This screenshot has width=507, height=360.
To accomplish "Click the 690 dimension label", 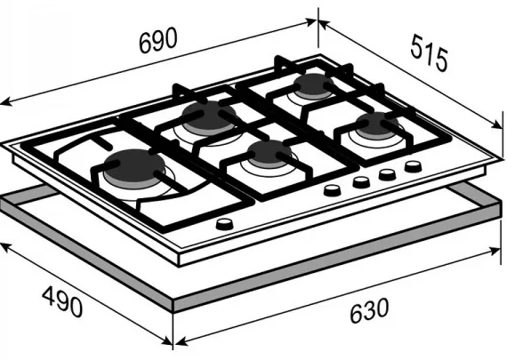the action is click(158, 40).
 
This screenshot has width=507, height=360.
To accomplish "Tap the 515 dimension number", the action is click(429, 53).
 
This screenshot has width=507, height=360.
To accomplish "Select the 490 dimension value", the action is click(62, 301).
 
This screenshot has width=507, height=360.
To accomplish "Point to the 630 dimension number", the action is click(369, 310).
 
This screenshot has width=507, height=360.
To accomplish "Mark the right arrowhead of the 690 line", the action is click(310, 22).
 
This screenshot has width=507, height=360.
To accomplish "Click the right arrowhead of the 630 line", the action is click(495, 251).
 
